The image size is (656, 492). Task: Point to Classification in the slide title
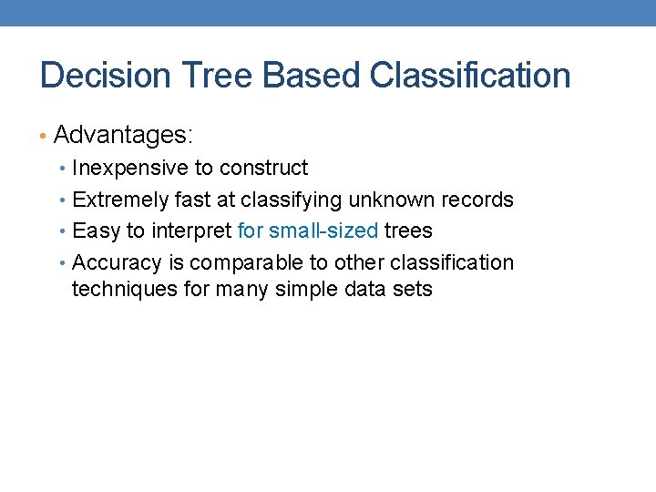click(x=470, y=76)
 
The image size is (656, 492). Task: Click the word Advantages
click(x=123, y=136)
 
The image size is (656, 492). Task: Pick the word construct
click(x=264, y=169)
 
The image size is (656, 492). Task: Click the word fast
click(x=193, y=200)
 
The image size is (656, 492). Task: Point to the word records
click(x=477, y=200)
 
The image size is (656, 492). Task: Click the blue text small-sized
click(x=323, y=231)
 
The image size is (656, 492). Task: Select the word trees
click(x=408, y=231)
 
